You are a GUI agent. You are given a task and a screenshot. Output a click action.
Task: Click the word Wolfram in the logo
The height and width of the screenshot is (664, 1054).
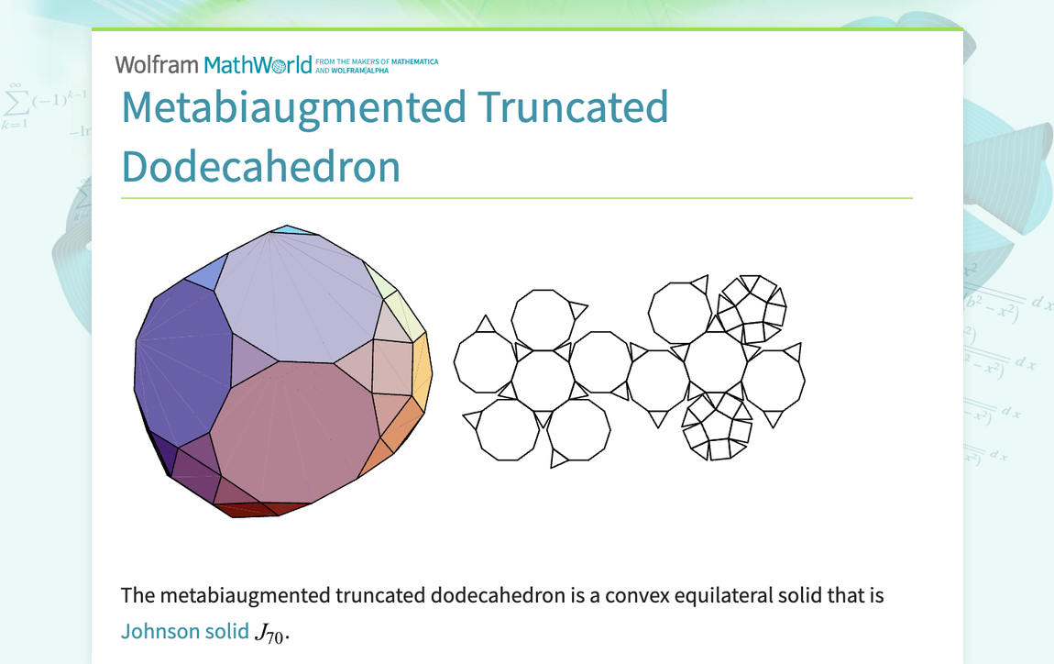pyautogui.click(x=157, y=64)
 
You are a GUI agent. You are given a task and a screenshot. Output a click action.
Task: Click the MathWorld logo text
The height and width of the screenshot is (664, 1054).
pyautogui.click(x=258, y=64)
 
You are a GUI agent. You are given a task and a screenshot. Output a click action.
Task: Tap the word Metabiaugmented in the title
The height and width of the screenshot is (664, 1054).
pyautogui.click(x=294, y=108)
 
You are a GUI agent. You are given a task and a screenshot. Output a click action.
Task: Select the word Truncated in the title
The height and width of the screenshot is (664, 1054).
pyautogui.click(x=574, y=107)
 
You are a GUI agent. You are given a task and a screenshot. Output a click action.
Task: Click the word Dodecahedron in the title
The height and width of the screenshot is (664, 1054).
pyautogui.click(x=261, y=166)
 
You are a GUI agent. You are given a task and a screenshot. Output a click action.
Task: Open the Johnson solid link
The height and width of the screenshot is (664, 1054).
pyautogui.click(x=185, y=631)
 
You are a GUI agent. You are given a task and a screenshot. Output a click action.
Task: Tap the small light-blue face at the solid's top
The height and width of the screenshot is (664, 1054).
pyautogui.click(x=291, y=230)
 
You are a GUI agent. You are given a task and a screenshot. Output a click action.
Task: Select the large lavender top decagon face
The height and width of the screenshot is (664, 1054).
pyautogui.click(x=299, y=297)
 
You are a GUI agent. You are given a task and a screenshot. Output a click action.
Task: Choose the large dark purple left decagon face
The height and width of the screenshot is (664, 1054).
pyautogui.click(x=182, y=362)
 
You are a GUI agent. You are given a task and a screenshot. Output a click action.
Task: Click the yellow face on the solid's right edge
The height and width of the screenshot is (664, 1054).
pyautogui.click(x=423, y=372)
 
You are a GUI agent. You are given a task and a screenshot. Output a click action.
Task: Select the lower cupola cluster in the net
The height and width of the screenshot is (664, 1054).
pyautogui.click(x=717, y=426)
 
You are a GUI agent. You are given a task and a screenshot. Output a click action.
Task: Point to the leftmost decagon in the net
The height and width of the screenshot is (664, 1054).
pyautogui.click(x=486, y=362)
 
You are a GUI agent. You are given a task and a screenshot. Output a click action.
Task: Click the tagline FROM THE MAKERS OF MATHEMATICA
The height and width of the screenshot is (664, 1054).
pyautogui.click(x=377, y=61)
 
